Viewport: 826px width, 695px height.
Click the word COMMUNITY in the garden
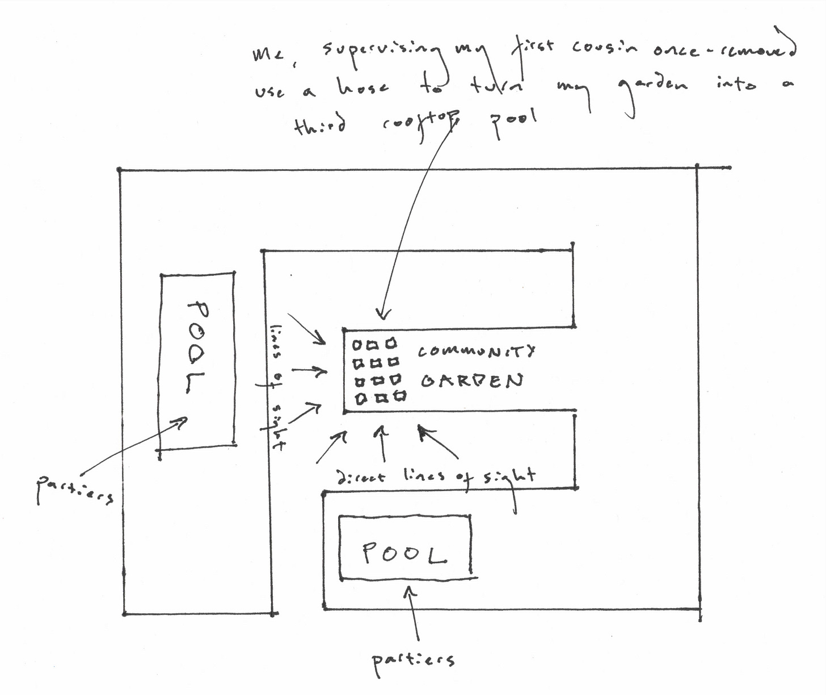(477, 351)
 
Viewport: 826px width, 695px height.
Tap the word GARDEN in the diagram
(471, 381)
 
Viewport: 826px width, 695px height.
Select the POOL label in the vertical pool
(197, 347)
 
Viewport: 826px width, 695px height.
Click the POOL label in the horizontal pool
(404, 553)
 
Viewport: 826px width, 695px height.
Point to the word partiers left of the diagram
(74, 491)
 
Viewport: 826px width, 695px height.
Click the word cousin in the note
(605, 48)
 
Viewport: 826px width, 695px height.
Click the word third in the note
(319, 124)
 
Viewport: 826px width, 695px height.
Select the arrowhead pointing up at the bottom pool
(410, 592)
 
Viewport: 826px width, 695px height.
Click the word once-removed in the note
(723, 50)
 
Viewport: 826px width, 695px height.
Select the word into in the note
(736, 85)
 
